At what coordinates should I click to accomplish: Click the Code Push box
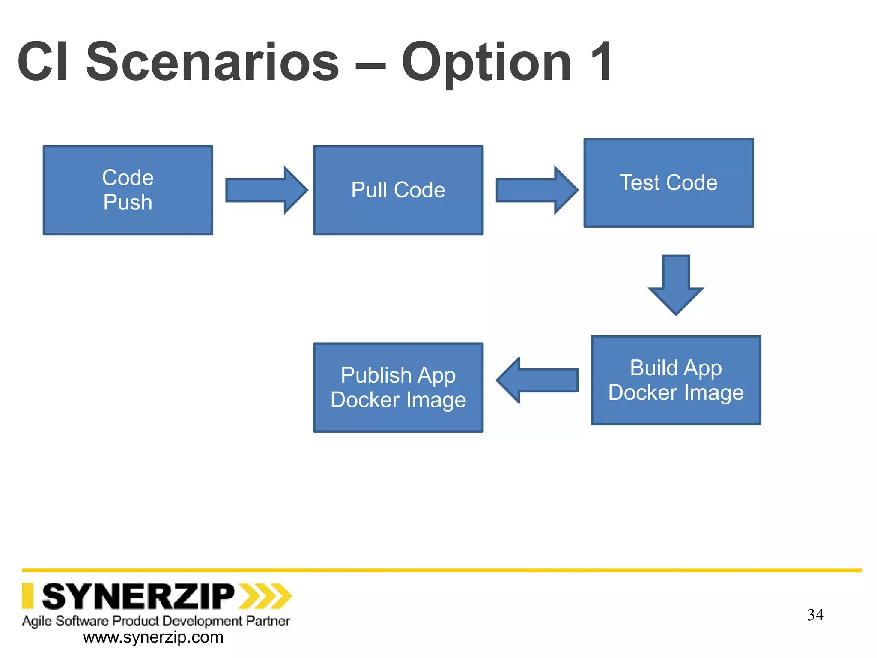coord(128,190)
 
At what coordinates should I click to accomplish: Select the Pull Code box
coord(398,190)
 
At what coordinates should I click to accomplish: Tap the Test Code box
coord(668,183)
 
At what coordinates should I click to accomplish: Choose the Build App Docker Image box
coord(676,380)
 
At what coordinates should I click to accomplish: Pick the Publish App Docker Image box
coord(398,387)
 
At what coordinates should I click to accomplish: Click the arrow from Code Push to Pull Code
coord(266,190)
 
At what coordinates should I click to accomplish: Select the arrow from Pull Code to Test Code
coord(537,190)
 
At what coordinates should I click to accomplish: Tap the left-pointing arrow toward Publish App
coord(537,380)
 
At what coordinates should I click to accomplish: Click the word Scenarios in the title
coord(213,62)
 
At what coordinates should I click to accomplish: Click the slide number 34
coord(815,615)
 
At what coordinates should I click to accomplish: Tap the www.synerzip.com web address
coord(153,637)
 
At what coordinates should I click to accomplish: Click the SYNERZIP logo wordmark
coord(138,596)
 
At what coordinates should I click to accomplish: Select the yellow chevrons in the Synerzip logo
coord(265,596)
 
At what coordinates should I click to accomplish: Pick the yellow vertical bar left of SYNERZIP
coord(27,596)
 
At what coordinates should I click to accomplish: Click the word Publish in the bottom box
coord(376,375)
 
